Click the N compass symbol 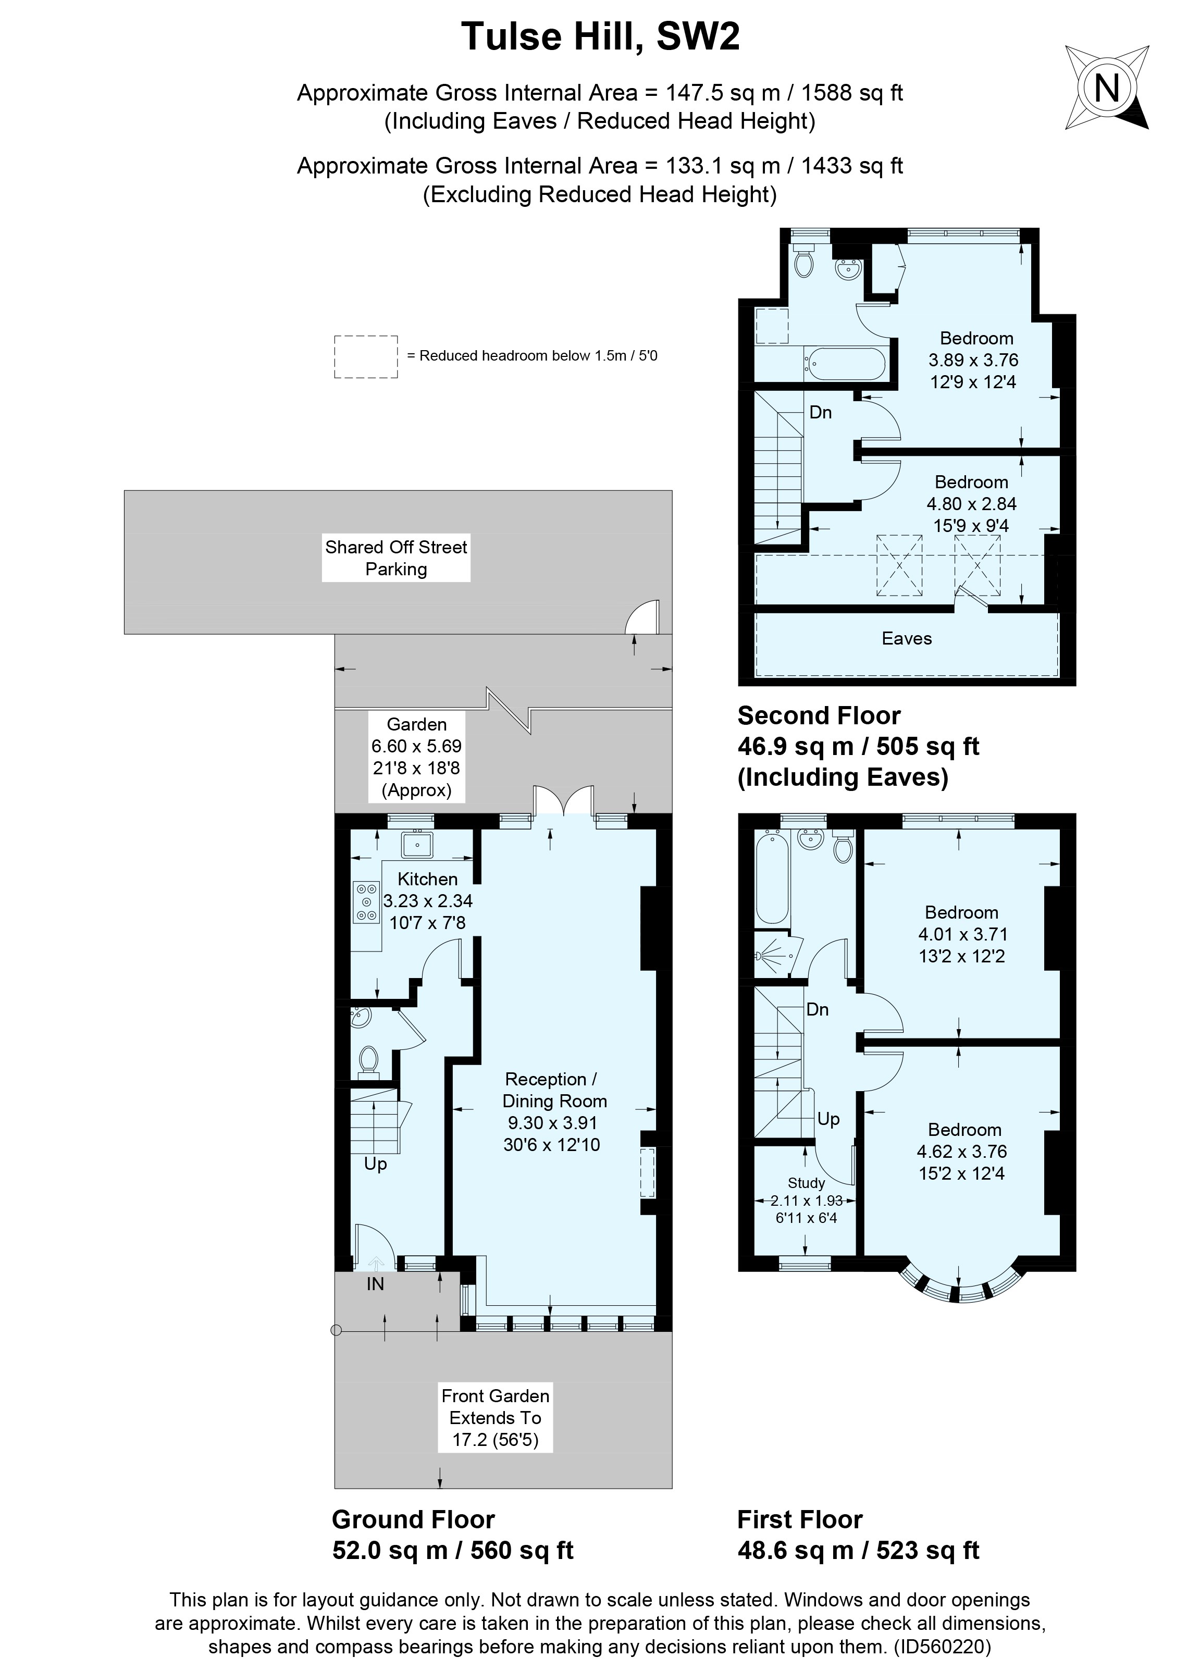(1107, 89)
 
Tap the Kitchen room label (427, 879)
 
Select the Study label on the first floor (806, 1183)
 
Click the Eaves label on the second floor (906, 638)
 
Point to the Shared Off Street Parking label (396, 558)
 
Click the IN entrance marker (376, 1283)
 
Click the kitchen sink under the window (417, 844)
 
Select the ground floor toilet (368, 1061)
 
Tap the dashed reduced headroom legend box (366, 356)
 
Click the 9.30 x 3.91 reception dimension (552, 1123)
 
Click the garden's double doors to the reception (563, 801)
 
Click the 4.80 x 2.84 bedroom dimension (971, 504)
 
